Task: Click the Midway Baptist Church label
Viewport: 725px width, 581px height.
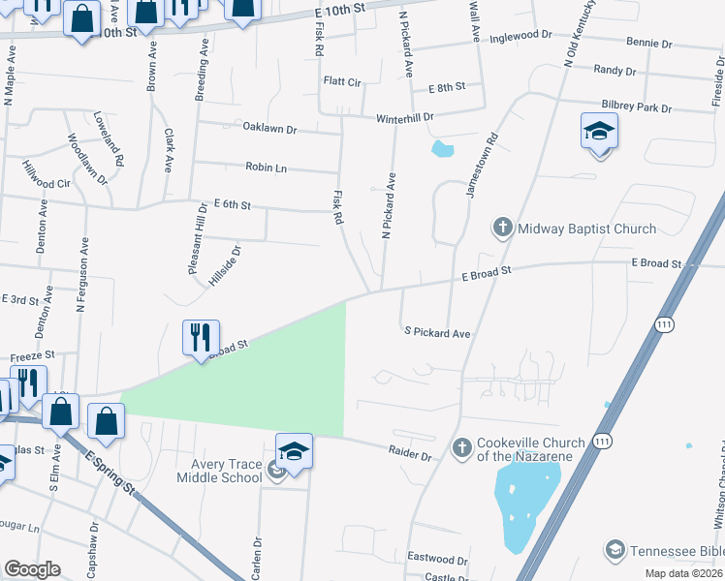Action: point(586,229)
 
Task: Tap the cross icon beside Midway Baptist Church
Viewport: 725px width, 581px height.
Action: point(502,229)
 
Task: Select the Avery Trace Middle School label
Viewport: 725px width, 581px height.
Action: point(220,471)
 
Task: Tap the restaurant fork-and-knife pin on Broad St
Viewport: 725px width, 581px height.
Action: point(201,338)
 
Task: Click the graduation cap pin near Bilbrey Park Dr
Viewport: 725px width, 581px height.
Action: point(599,132)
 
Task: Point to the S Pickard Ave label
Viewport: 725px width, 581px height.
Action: point(437,333)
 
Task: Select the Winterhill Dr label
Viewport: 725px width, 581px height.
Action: point(405,116)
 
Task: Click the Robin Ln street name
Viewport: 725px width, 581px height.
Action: point(266,168)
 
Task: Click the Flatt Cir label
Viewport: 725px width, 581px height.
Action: point(341,82)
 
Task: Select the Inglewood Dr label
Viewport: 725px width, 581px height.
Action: point(520,38)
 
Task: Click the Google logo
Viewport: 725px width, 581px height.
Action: point(32,569)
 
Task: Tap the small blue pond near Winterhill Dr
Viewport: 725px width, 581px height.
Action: point(442,149)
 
